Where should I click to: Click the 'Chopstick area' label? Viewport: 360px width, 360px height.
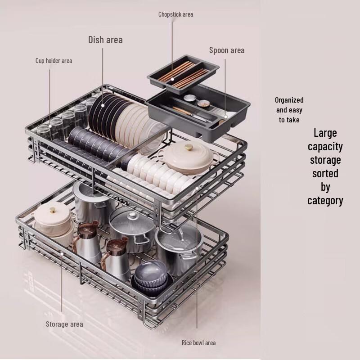(x=175, y=14)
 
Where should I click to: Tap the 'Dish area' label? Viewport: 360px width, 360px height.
(x=105, y=40)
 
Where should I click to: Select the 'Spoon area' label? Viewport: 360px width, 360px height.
(x=227, y=50)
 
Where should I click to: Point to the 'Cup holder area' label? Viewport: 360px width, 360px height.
(x=54, y=61)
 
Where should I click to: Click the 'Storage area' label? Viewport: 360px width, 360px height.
(x=64, y=324)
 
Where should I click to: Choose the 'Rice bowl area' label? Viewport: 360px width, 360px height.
(x=198, y=343)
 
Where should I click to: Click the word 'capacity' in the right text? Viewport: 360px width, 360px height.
(x=325, y=147)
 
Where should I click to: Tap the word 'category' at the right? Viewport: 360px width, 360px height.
(x=325, y=200)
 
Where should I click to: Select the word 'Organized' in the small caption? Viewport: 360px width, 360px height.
(x=289, y=100)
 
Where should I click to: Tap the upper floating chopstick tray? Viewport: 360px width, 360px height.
(x=183, y=72)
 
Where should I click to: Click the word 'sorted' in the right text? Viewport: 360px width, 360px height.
(x=325, y=174)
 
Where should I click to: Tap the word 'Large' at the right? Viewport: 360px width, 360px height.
(x=325, y=133)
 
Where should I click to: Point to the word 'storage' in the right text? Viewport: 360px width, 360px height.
(x=325, y=160)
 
